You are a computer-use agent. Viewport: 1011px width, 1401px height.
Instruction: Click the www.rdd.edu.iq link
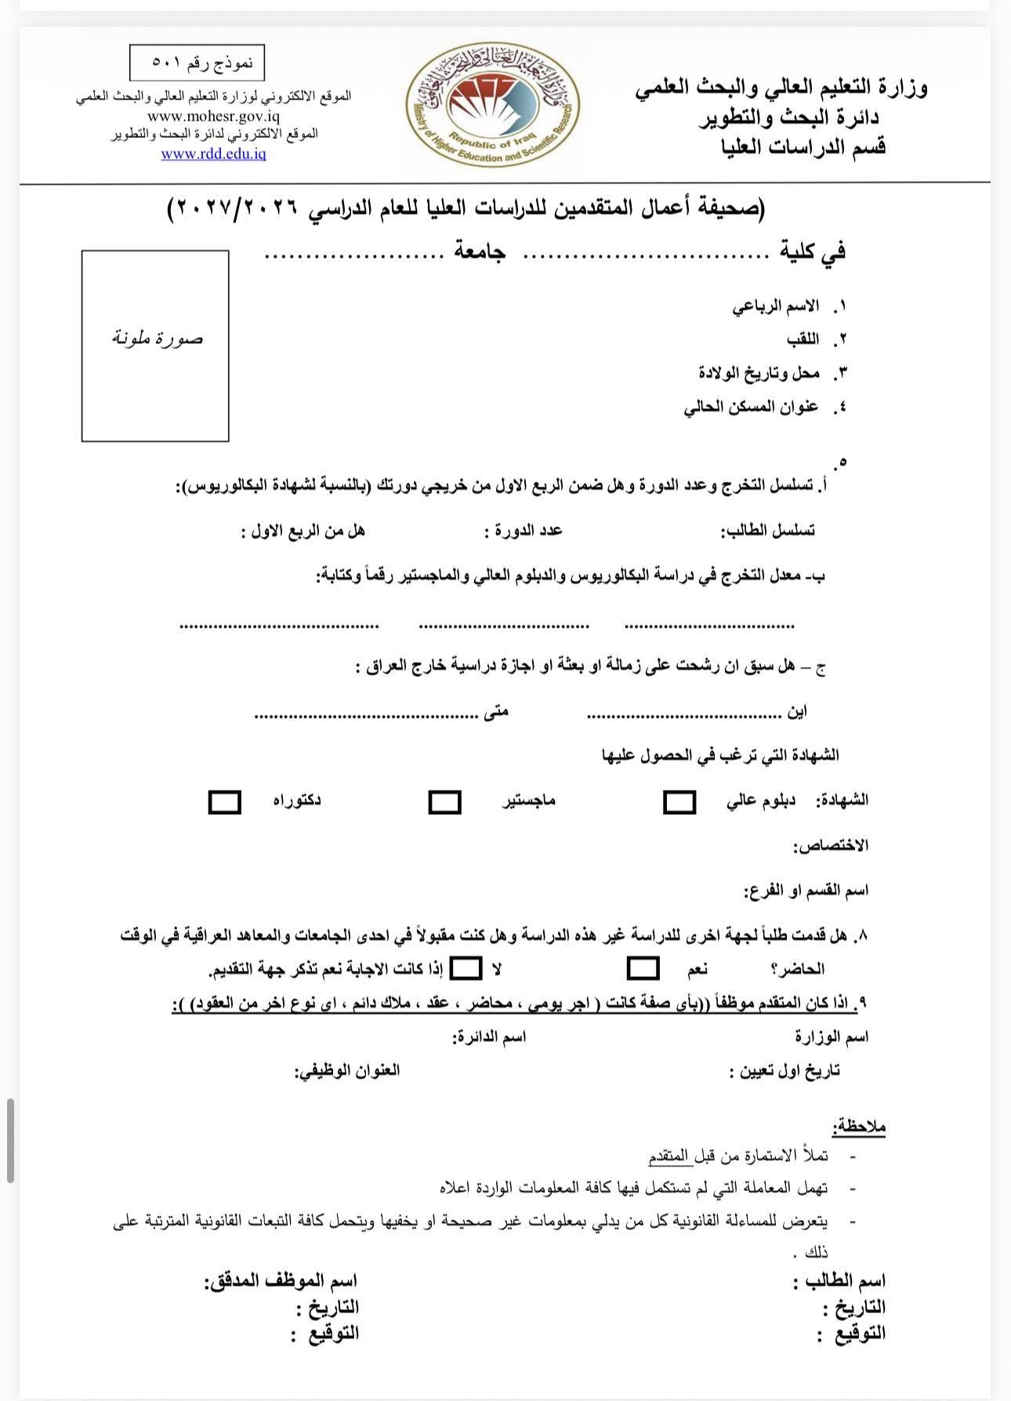[213, 154]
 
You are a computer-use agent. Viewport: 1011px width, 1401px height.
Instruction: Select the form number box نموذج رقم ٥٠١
[197, 63]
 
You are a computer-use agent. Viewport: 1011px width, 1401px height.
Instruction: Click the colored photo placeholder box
[155, 346]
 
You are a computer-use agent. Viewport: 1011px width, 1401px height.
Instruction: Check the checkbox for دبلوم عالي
[679, 802]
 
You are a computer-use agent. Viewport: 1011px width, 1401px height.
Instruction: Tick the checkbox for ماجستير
[444, 802]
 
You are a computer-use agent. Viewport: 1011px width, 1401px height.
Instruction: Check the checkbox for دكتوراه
[224, 802]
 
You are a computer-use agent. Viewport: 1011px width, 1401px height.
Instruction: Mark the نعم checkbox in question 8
[643, 968]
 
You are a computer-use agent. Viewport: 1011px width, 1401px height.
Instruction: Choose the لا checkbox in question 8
[467, 968]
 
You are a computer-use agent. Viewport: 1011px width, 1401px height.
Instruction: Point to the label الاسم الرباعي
[776, 306]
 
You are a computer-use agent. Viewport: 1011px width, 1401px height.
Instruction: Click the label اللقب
[803, 339]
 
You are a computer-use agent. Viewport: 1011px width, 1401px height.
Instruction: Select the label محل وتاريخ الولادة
[759, 372]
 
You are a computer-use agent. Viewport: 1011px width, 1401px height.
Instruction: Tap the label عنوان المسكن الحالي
[751, 407]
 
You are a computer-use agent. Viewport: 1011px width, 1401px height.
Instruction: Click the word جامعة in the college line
[480, 252]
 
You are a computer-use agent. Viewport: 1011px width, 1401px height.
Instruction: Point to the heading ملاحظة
[860, 1127]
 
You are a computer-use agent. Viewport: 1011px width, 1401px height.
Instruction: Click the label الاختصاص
[832, 846]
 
